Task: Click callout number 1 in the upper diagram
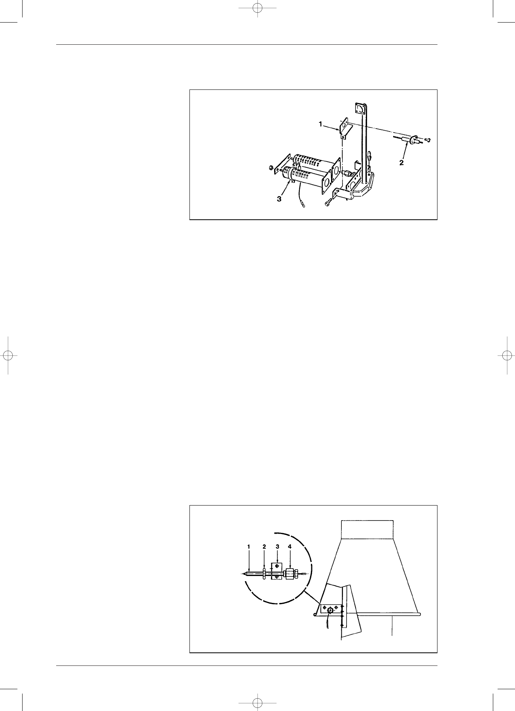click(321, 124)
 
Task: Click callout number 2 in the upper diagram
click(401, 163)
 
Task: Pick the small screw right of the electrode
click(428, 140)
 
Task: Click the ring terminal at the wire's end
click(303, 205)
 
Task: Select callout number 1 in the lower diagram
click(249, 546)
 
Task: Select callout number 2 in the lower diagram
click(264, 546)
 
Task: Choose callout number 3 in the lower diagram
click(278, 546)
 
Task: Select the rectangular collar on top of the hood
click(367, 529)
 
